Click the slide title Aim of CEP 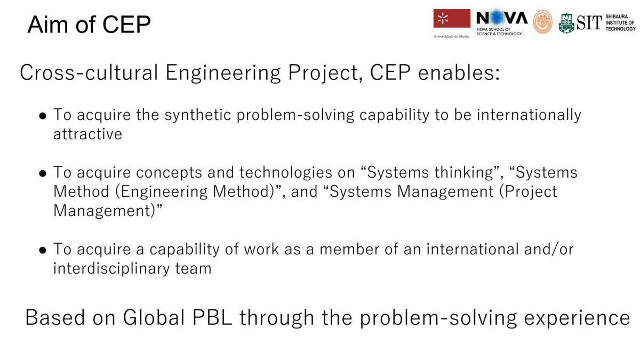click(89, 25)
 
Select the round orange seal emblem click(543, 22)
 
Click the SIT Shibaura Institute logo click(597, 22)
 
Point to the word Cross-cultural click(89, 73)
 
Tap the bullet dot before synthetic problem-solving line click(43, 116)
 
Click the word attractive click(87, 134)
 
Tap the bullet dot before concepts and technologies click(43, 173)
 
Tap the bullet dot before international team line click(43, 250)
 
